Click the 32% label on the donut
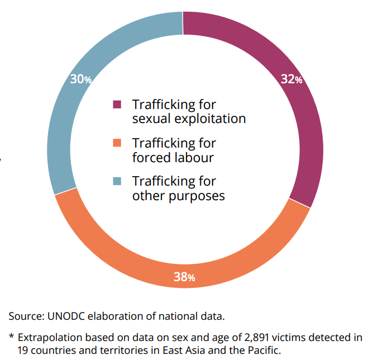(291, 79)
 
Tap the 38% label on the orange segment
(184, 277)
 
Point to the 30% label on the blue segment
(81, 79)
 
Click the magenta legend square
(117, 105)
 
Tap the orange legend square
(117, 143)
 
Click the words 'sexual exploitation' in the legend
(189, 119)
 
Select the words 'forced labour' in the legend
(173, 157)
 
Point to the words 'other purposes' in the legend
(178, 196)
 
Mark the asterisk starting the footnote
(11, 338)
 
